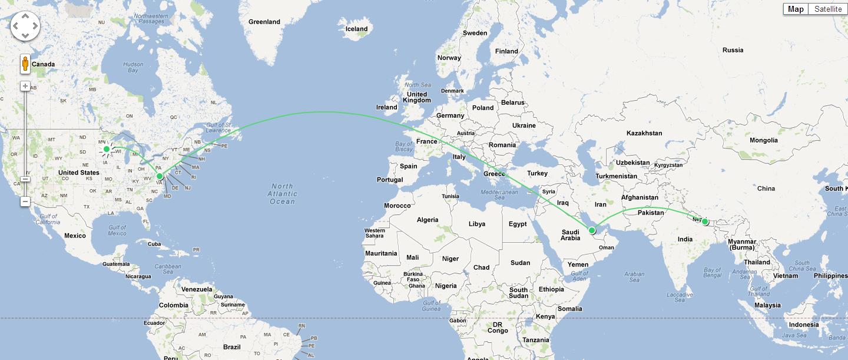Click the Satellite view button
[x=828, y=9]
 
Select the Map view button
[x=796, y=9]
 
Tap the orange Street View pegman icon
[x=25, y=64]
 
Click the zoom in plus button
[x=25, y=86]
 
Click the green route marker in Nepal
[x=705, y=222]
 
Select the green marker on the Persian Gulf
[x=592, y=230]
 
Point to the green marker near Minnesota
[x=107, y=149]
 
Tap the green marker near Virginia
[x=160, y=176]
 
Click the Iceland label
[x=356, y=29]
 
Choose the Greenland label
[x=264, y=22]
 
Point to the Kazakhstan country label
[x=644, y=133]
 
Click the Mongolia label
[x=764, y=140]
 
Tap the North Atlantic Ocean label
[x=282, y=194]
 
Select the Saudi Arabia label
[x=570, y=235]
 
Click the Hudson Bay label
[x=133, y=67]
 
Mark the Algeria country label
[x=428, y=220]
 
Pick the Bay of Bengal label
[x=712, y=272]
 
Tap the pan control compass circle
[x=25, y=26]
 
